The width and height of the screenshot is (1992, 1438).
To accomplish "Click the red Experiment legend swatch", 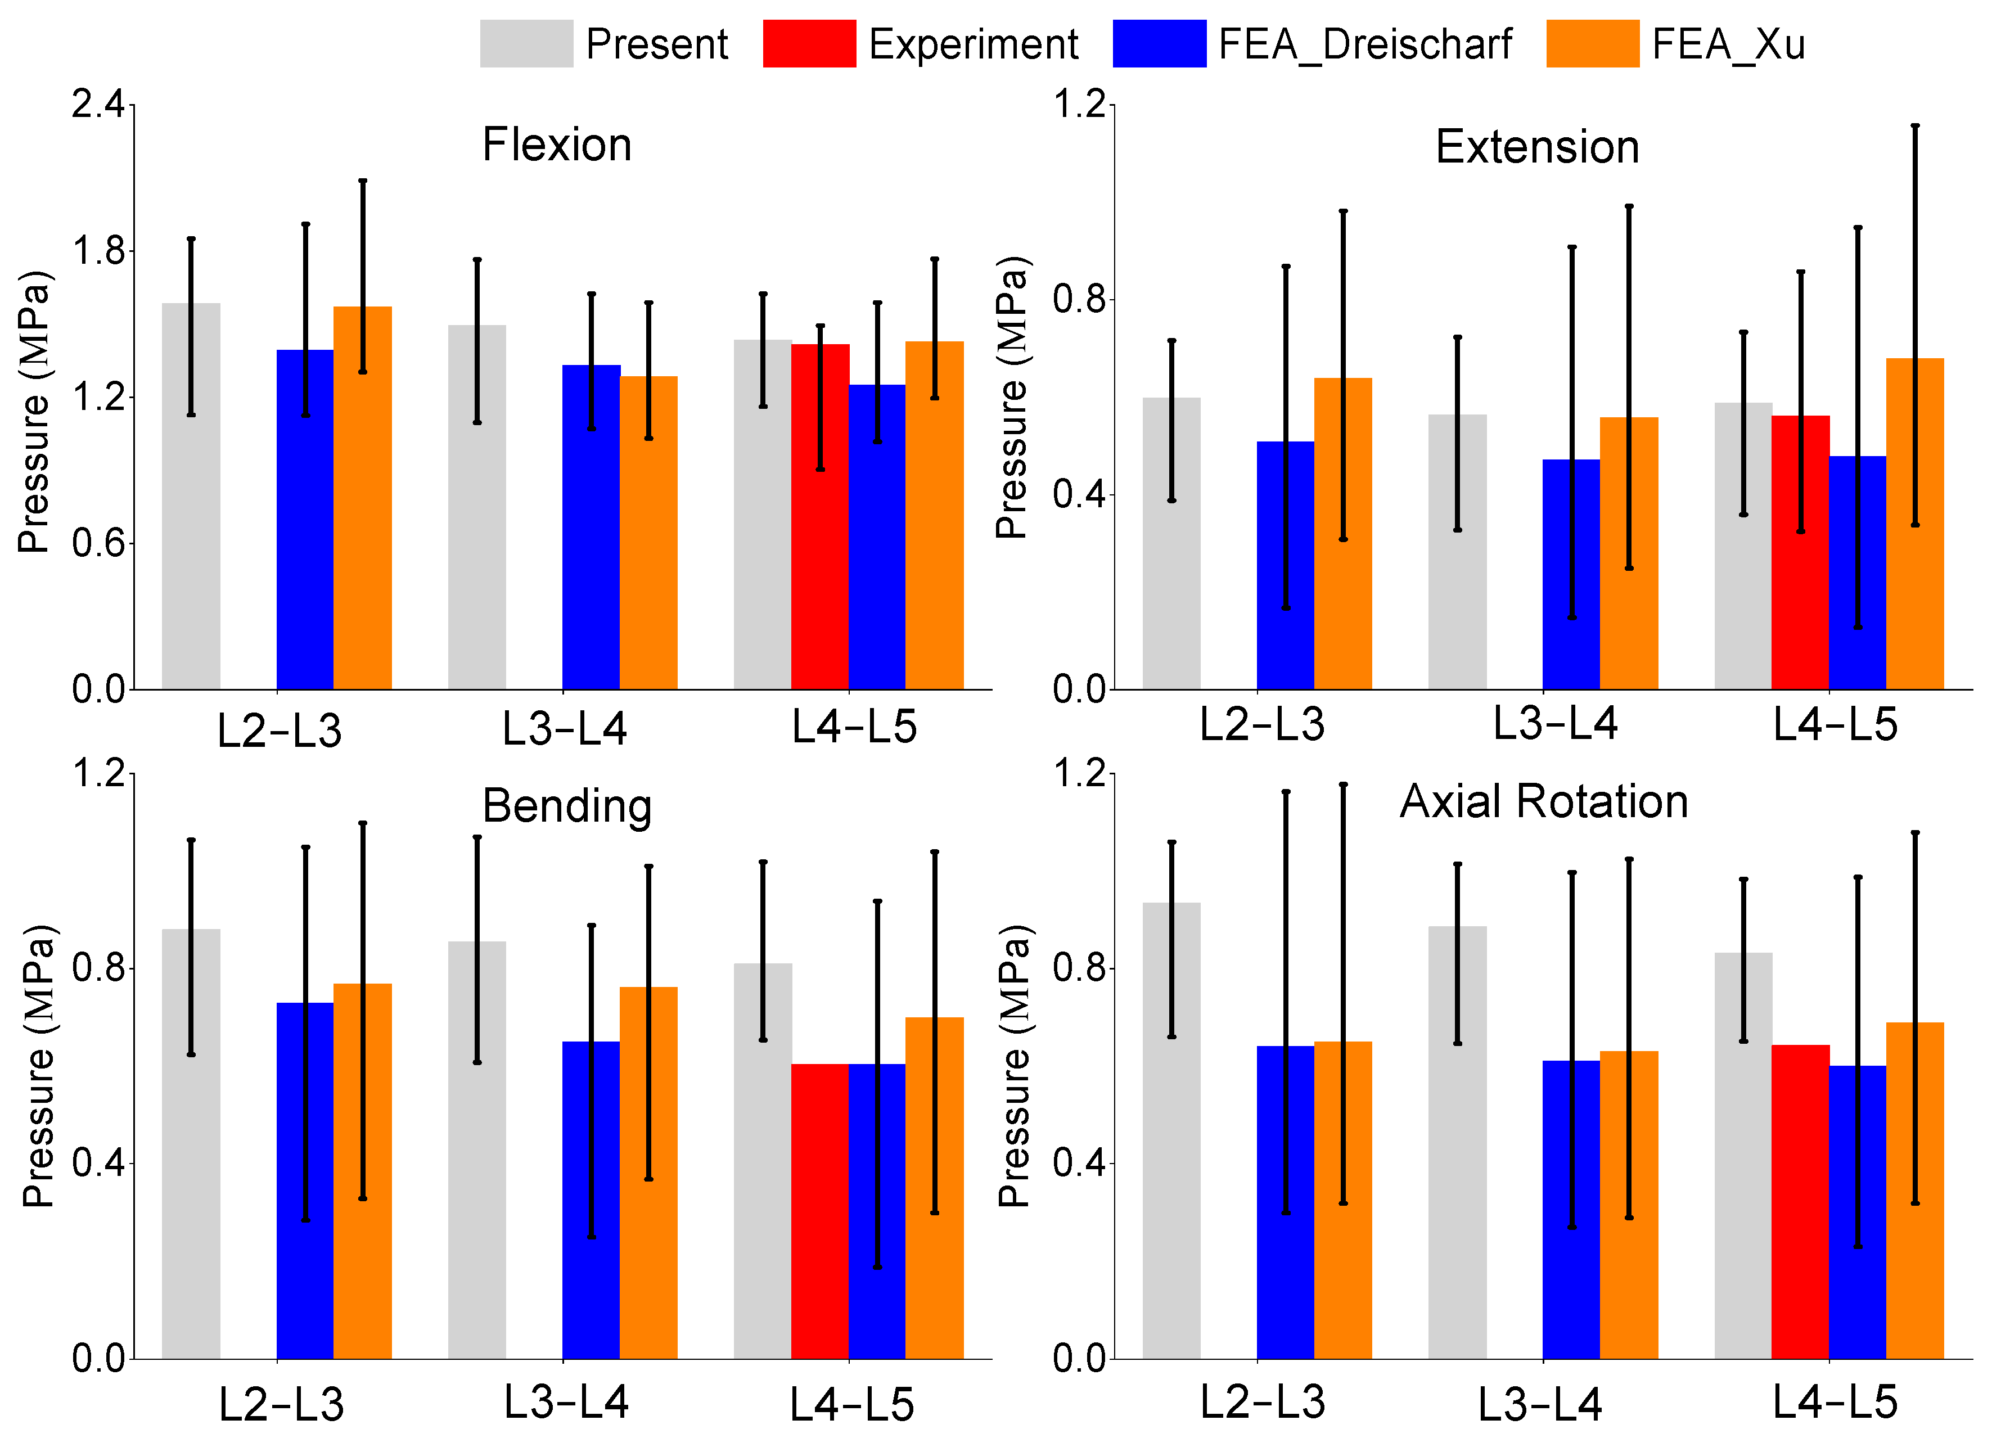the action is point(809,43).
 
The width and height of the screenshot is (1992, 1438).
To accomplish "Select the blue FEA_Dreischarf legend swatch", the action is point(1159,43).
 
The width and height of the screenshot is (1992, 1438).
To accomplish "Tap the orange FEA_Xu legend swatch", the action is point(1592,43).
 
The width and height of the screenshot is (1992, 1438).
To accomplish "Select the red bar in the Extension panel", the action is point(1801,553).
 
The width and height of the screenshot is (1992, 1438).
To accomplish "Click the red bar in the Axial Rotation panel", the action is point(1801,1202).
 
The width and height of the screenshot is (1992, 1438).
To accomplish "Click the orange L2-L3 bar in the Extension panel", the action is point(1343,533).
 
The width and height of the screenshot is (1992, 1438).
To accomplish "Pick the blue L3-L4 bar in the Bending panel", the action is point(591,1200).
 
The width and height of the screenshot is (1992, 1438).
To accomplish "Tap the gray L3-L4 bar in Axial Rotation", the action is point(1457,1143).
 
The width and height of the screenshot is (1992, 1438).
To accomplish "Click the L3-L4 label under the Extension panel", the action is point(1556,724).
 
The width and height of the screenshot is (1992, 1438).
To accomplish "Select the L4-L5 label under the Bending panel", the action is point(852,1405).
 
